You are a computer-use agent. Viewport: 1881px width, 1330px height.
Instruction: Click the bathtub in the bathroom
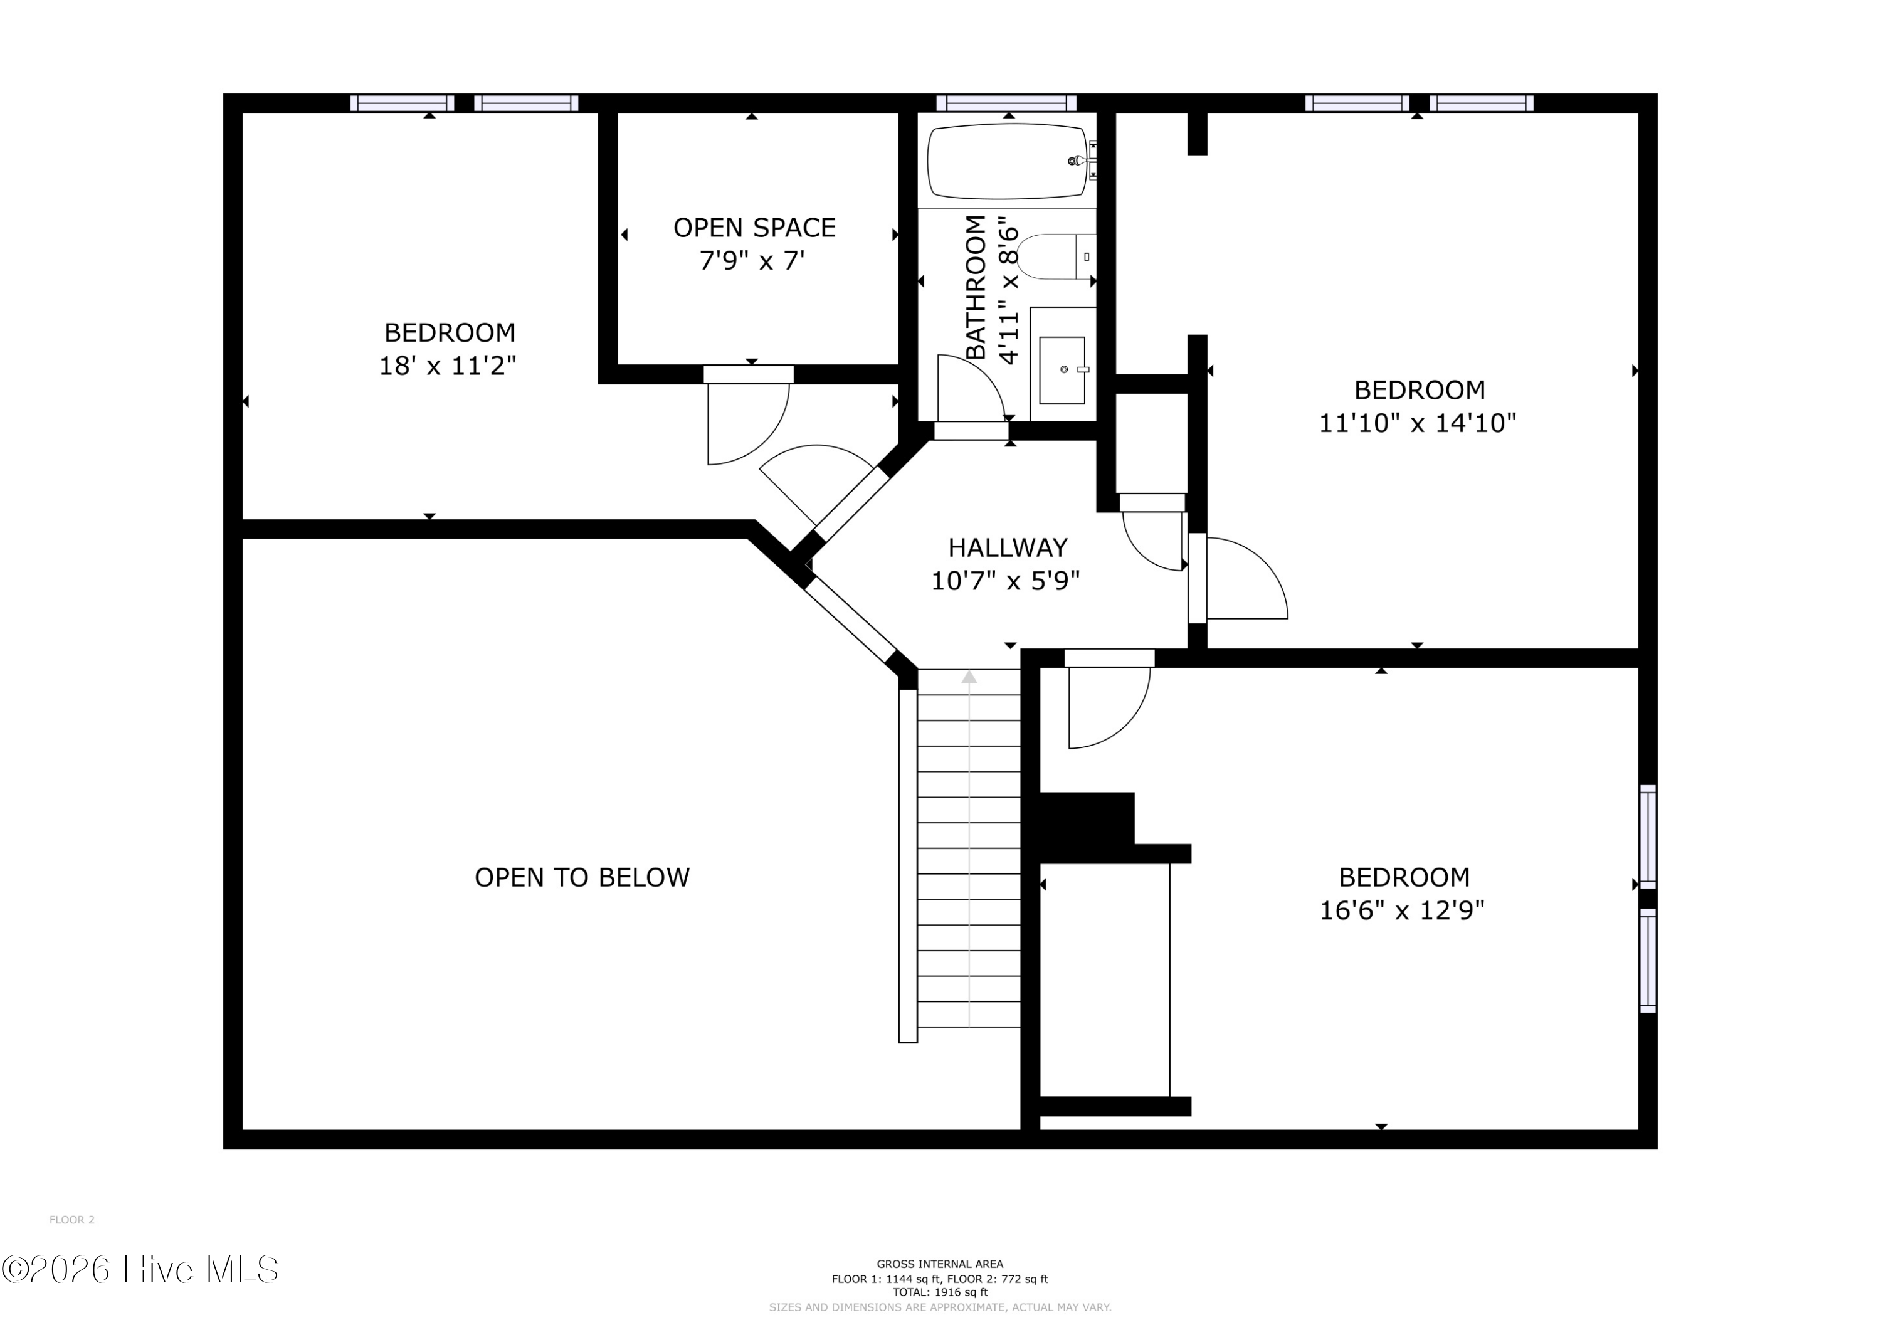1007,161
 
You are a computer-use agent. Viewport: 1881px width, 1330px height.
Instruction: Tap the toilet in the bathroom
1053,256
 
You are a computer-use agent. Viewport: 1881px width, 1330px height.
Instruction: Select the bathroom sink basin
1062,369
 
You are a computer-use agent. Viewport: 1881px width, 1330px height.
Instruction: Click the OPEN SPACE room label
754,228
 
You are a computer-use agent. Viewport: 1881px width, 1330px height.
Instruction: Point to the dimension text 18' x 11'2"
447,366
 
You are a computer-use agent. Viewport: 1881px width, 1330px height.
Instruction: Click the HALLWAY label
1007,547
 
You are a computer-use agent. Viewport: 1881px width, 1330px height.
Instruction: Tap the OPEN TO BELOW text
582,878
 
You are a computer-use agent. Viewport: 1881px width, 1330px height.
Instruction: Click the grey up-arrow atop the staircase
969,677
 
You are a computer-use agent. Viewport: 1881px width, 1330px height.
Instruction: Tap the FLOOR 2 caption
72,1220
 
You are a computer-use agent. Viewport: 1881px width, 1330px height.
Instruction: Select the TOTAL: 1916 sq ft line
940,1292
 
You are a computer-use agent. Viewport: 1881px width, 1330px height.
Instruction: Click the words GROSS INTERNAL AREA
940,1264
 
